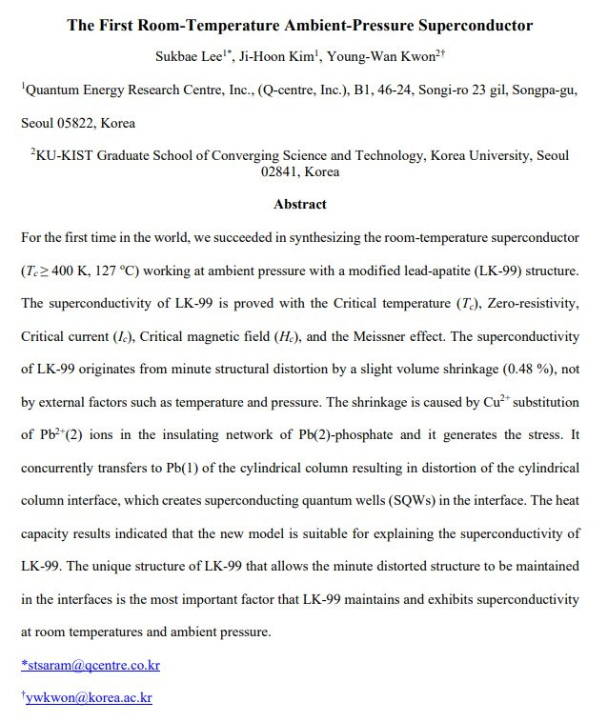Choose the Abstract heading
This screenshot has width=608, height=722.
300,204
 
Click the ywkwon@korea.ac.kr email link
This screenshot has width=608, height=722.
89,697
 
